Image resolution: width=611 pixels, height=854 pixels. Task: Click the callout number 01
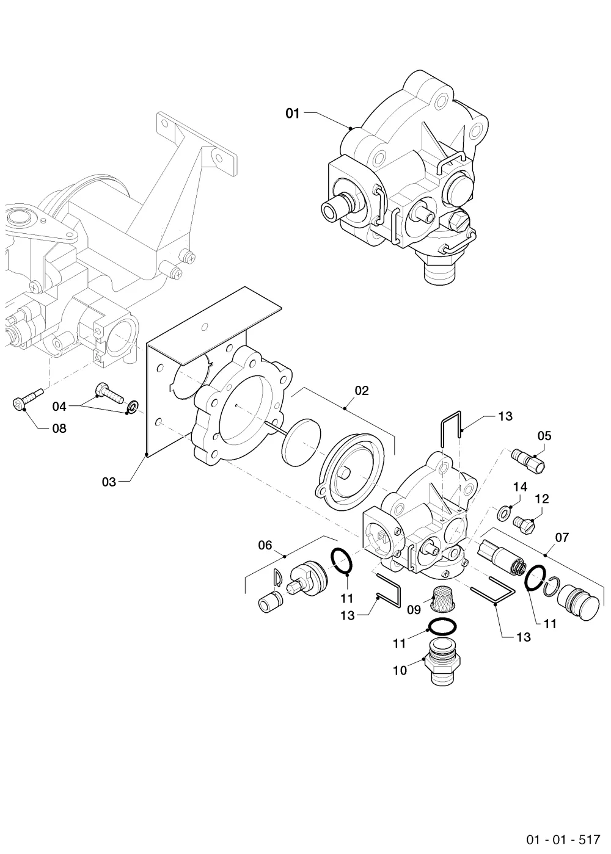293,113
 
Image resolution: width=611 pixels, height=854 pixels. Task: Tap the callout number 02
362,391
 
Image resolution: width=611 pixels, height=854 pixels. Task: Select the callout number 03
109,482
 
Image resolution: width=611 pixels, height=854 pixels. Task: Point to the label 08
59,429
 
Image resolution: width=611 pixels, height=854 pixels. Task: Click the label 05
544,436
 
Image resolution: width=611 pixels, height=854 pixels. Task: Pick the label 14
520,487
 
